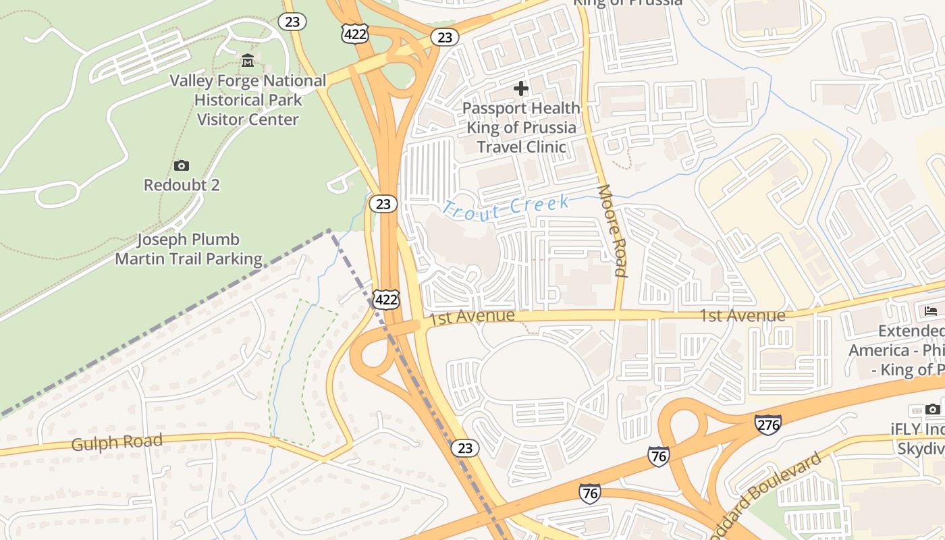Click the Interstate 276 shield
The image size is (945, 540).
pyautogui.click(x=768, y=425)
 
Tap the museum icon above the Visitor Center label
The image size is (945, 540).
pyautogui.click(x=248, y=61)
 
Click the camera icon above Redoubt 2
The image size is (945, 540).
pyautogui.click(x=181, y=165)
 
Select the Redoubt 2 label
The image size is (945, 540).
pyautogui.click(x=182, y=185)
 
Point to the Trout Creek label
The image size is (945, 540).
pyautogui.click(x=507, y=207)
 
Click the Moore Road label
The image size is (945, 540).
pyautogui.click(x=613, y=231)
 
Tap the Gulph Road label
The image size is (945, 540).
pyautogui.click(x=117, y=443)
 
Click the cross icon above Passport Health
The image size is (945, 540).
pyautogui.click(x=521, y=88)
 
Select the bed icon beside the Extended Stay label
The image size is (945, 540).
pyautogui.click(x=931, y=311)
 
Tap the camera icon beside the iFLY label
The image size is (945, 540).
pyautogui.click(x=932, y=409)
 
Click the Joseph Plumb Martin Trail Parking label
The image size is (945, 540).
pyautogui.click(x=188, y=249)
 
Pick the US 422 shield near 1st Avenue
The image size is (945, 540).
pyautogui.click(x=385, y=299)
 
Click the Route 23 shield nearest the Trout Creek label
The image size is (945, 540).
pyautogui.click(x=383, y=204)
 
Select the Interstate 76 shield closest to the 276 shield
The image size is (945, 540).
pyautogui.click(x=659, y=456)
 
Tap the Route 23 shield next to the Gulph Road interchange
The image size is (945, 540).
pyautogui.click(x=465, y=448)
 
